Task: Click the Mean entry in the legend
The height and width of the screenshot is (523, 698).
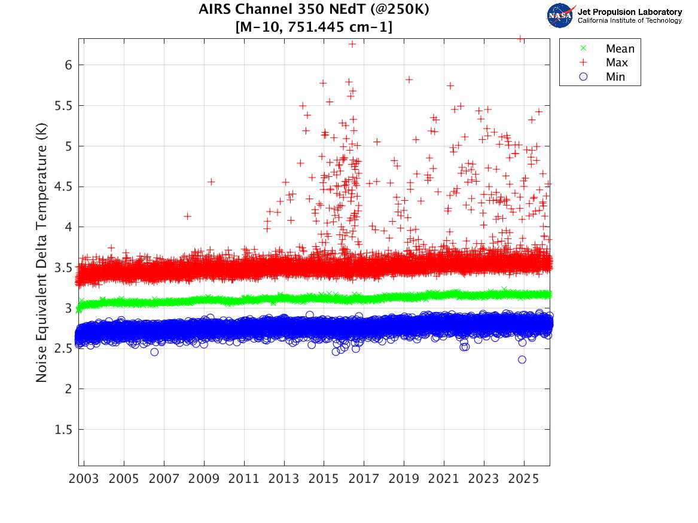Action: click(619, 49)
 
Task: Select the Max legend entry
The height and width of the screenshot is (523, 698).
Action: click(617, 63)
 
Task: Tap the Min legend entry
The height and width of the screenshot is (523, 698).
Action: click(615, 77)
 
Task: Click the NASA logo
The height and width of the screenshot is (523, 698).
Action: click(560, 16)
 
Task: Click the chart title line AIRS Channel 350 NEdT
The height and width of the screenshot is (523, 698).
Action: click(313, 10)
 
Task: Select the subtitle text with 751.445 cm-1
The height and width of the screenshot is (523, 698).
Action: click(314, 27)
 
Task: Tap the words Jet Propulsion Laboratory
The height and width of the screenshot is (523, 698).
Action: click(629, 12)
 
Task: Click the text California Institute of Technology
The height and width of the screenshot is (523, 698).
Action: click(629, 21)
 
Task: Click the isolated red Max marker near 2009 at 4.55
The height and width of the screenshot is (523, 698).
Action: click(211, 182)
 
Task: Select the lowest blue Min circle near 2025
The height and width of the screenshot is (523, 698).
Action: click(522, 360)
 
